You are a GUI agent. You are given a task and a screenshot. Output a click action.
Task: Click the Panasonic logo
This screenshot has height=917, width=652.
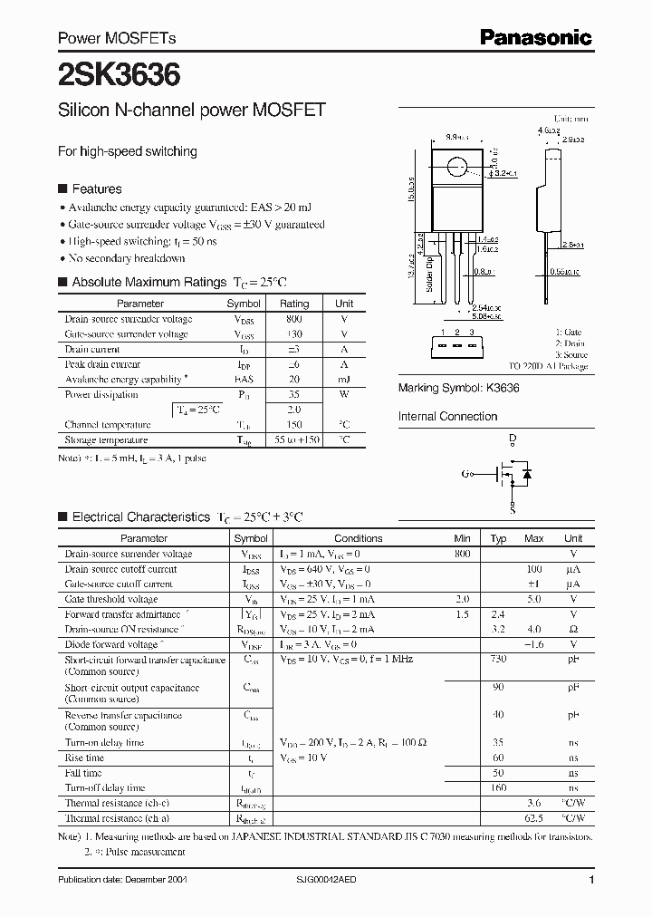click(x=535, y=37)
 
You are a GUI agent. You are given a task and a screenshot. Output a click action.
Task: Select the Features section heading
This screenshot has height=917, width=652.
click(x=96, y=189)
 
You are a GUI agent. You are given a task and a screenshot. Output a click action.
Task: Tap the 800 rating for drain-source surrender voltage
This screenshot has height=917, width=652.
click(x=293, y=320)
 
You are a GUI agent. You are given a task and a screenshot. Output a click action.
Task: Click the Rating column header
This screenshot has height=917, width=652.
click(x=293, y=304)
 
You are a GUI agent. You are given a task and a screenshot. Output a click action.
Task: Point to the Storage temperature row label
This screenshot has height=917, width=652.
click(x=106, y=439)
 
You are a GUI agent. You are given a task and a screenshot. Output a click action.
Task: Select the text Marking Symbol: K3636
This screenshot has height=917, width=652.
click(x=458, y=387)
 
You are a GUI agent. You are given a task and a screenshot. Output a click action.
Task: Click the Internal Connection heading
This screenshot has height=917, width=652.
click(x=447, y=417)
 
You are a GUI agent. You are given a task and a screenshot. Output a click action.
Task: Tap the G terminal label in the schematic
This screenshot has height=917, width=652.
click(x=465, y=474)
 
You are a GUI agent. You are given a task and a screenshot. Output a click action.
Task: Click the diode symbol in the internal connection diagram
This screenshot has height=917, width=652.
click(x=527, y=474)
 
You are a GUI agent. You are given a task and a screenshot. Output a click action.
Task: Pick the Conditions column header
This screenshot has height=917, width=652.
click(x=359, y=538)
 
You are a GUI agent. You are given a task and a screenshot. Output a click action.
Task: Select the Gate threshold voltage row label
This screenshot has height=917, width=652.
click(x=111, y=600)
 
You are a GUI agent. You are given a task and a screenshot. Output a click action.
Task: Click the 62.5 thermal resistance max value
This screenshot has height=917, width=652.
click(x=535, y=818)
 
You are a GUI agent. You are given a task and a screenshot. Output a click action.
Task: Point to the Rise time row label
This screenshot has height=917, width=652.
click(x=84, y=758)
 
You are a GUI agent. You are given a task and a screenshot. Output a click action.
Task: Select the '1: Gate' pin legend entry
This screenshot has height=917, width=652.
click(x=570, y=333)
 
